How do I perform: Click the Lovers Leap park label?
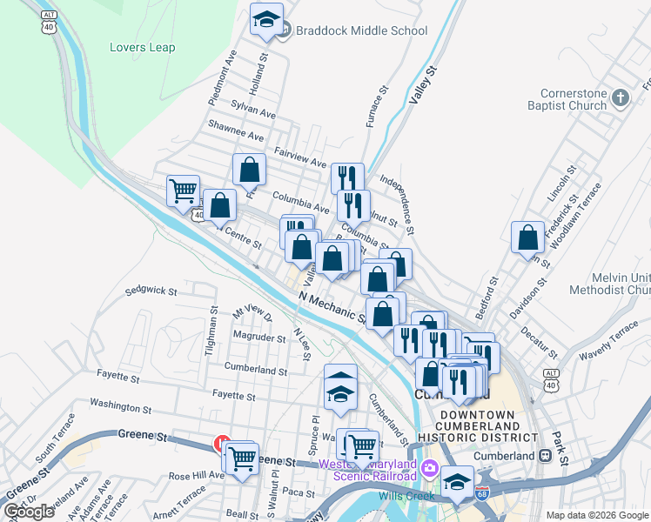tap(142, 48)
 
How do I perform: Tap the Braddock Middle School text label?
tap(361, 31)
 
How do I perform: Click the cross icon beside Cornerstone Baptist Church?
tap(620, 97)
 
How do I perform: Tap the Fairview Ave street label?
tap(299, 163)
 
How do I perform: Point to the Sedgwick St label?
tap(151, 291)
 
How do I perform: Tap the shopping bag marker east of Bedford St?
tap(527, 238)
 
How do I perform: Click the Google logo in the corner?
tap(29, 512)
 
